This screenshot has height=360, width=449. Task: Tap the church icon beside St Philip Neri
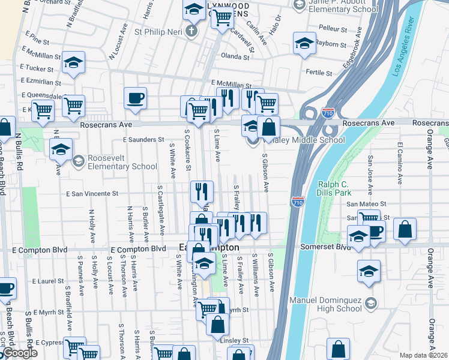tap(191, 31)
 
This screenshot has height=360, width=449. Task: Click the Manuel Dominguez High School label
tap(333, 304)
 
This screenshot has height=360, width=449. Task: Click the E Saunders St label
tap(143, 139)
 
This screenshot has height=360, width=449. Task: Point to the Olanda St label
tap(235, 57)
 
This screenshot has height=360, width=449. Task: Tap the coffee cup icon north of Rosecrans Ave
tap(135, 97)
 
